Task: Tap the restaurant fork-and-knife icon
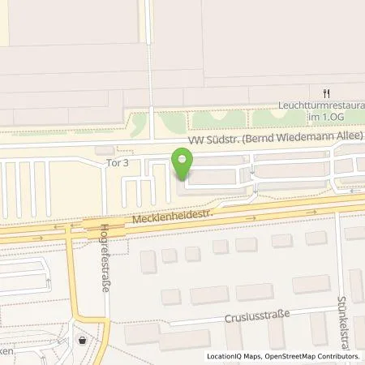pyautogui.click(x=327, y=92)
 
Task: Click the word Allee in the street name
pyautogui.click(x=350, y=135)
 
